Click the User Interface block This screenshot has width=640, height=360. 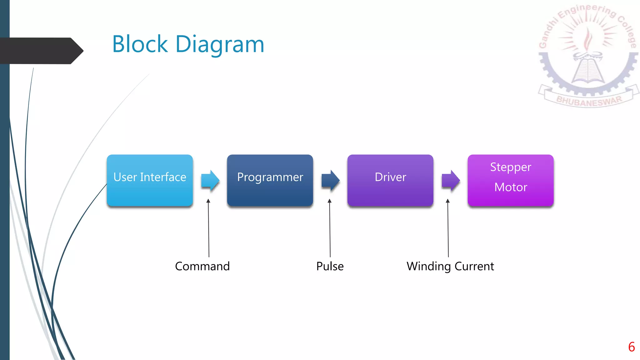[x=150, y=180]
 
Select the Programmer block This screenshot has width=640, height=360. [x=270, y=180]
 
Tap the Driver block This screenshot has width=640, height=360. [x=390, y=180]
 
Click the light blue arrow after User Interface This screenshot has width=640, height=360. [x=210, y=180]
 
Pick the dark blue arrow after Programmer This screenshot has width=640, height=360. [x=331, y=180]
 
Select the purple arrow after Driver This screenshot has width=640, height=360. [x=451, y=180]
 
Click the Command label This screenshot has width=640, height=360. [x=202, y=266]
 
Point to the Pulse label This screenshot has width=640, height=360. [x=330, y=266]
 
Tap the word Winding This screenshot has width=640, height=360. [x=429, y=266]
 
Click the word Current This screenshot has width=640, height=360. [x=474, y=266]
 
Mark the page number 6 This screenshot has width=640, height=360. [x=631, y=347]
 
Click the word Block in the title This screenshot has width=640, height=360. [x=140, y=44]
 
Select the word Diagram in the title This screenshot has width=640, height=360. [x=220, y=45]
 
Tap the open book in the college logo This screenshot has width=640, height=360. [x=588, y=70]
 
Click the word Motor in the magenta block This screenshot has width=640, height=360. [x=511, y=187]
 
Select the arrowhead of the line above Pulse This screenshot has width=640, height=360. [x=329, y=201]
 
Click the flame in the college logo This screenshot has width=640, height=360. [x=588, y=39]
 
